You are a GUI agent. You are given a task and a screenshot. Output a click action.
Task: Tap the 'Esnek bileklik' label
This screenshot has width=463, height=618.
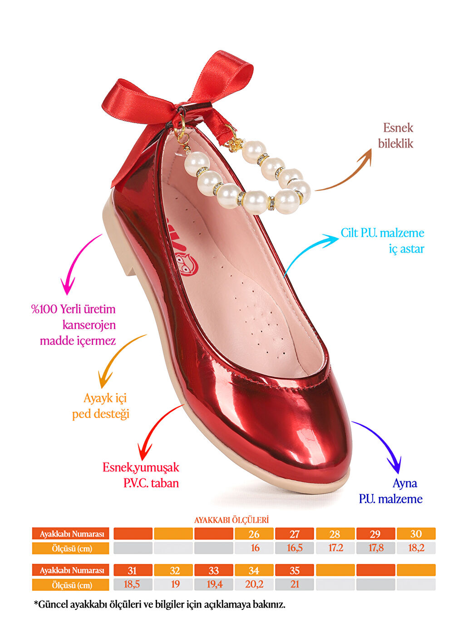pyautogui.click(x=396, y=135)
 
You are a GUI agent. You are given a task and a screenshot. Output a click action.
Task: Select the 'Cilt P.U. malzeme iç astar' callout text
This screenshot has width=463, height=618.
pyautogui.click(x=383, y=240)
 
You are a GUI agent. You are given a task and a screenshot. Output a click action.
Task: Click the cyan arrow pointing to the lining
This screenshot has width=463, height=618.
pyautogui.click(x=309, y=252)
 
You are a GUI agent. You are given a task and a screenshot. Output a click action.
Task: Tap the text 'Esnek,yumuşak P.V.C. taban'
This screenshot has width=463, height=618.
pyautogui.click(x=141, y=475)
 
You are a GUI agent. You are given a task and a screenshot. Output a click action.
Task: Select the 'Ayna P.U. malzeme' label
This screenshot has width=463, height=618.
pyautogui.click(x=391, y=491)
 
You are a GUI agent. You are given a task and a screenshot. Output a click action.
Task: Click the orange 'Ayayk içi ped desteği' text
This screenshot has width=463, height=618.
pyautogui.click(x=101, y=406)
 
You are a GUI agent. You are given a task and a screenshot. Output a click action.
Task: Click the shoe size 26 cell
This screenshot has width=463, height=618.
pyautogui.click(x=254, y=534)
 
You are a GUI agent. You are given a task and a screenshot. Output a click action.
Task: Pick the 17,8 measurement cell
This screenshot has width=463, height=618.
pyautogui.click(x=376, y=548)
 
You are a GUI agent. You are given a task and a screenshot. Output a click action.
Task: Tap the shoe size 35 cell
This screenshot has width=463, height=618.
pyautogui.click(x=295, y=570)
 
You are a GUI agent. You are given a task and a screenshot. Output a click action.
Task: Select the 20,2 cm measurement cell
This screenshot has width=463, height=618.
pyautogui.click(x=254, y=584)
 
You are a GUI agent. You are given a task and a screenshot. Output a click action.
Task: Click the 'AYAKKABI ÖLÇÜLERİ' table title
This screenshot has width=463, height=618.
pyautogui.click(x=231, y=520)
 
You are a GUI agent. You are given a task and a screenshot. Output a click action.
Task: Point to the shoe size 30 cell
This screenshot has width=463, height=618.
pyautogui.click(x=416, y=534)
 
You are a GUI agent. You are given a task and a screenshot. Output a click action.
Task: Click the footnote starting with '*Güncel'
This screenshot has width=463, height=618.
pyautogui.click(x=160, y=604)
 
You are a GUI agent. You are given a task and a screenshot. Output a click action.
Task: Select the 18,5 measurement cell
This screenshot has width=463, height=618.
pyautogui.click(x=132, y=584)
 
